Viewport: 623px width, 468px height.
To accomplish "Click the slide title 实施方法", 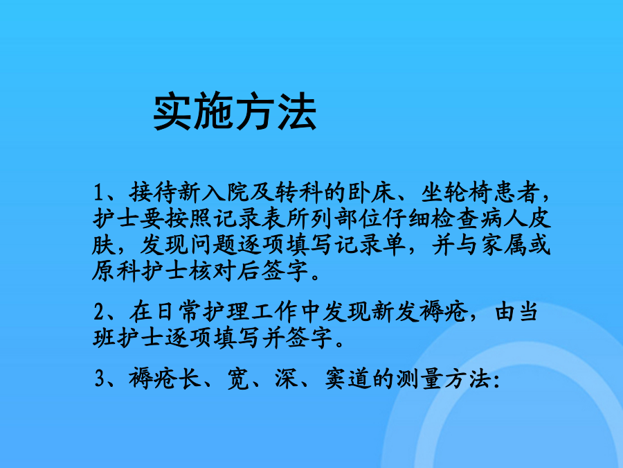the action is [x=235, y=112].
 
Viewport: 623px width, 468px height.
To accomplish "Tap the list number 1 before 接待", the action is [x=98, y=193].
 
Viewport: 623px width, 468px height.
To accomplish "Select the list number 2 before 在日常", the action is [x=99, y=312].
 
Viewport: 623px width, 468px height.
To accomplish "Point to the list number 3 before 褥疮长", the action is [x=99, y=379].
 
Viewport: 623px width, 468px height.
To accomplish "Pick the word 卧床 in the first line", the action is [x=372, y=193].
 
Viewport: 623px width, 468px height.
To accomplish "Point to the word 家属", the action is [x=505, y=245].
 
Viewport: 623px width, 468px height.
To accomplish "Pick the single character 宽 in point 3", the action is [x=238, y=378].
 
